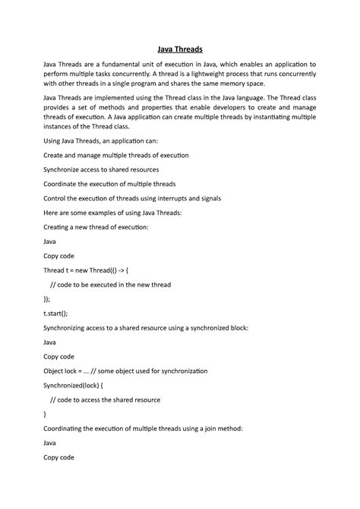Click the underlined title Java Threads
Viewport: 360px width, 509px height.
pos(180,48)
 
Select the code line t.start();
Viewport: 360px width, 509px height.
pos(55,313)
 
